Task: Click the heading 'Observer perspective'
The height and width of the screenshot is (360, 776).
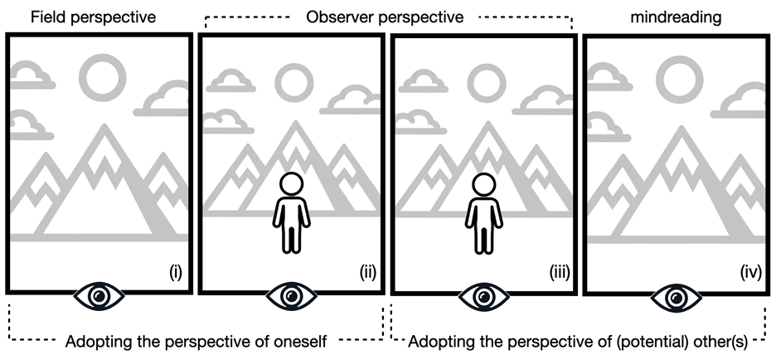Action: pyautogui.click(x=384, y=16)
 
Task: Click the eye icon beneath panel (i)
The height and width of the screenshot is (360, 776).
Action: pyautogui.click(x=99, y=294)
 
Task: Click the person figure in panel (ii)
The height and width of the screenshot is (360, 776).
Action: pyautogui.click(x=291, y=213)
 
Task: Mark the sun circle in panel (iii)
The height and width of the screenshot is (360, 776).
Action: pyautogui.click(x=486, y=80)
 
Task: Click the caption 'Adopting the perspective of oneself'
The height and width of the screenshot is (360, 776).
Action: pyautogui.click(x=196, y=341)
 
